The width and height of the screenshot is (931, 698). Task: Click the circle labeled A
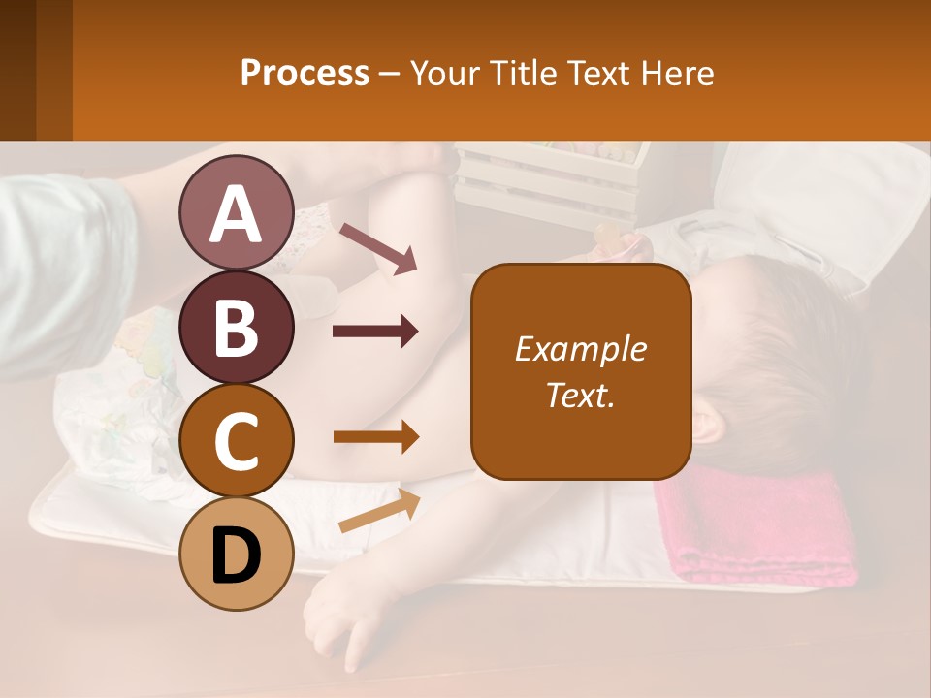[x=236, y=213]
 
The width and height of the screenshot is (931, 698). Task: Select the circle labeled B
[x=236, y=327]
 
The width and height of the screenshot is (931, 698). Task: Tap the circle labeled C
[x=236, y=441]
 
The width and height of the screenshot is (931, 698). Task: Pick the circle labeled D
[x=236, y=555]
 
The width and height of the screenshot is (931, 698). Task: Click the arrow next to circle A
[x=377, y=248]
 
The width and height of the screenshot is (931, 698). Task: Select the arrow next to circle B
[x=375, y=332]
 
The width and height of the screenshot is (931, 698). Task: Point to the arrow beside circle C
[x=375, y=437]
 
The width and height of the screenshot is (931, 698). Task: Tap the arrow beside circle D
[x=379, y=511]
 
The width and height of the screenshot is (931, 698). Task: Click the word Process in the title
[x=305, y=73]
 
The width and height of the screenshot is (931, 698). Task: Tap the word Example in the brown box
[x=580, y=349]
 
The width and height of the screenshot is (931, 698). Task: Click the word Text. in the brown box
[x=580, y=395]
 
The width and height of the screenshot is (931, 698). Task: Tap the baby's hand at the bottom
[x=339, y=620]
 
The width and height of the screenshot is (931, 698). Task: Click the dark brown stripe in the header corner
[x=17, y=70]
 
